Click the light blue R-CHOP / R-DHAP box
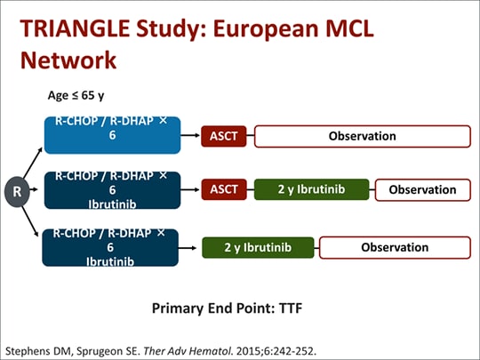pos(112,135)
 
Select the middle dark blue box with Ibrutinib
pos(112,190)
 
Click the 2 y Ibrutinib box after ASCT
pos(311,189)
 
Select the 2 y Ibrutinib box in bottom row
pos(258,247)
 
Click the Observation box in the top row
pos(363,136)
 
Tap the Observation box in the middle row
pos(422,189)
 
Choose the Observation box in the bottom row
pos(395,247)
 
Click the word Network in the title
pos(68,60)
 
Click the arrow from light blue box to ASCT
pos(190,136)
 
